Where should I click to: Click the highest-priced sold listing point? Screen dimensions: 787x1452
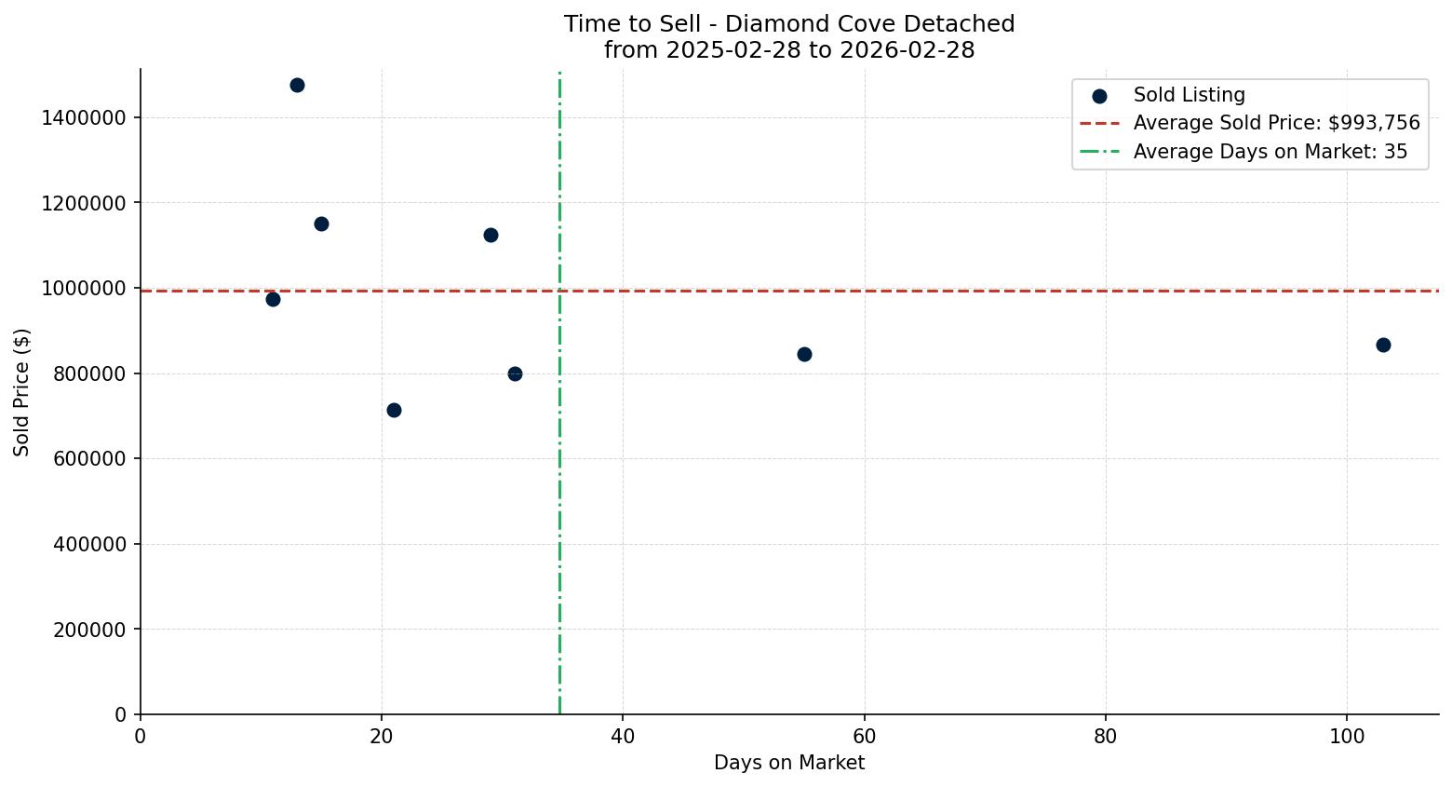tap(297, 86)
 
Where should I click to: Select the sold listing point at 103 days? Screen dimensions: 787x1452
tap(1383, 346)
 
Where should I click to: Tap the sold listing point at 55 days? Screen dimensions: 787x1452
tap(804, 354)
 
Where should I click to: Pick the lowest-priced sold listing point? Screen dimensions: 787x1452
tap(394, 410)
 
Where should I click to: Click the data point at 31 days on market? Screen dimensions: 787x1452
tap(515, 373)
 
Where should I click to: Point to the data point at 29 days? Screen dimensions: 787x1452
tap(491, 236)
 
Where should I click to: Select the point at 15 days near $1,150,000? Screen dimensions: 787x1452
tap(321, 224)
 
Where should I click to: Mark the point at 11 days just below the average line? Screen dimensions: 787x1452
tap(273, 299)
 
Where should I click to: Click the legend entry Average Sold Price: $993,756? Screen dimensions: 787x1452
tap(1276, 123)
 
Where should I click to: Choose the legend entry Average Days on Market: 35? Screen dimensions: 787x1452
tap(1270, 152)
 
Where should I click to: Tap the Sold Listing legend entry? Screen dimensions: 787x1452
tap(1189, 95)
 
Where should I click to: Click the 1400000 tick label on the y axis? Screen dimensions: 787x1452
tap(84, 118)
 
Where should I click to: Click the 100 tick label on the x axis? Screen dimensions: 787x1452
tap(1347, 737)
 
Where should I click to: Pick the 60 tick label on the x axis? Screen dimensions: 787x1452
tap(865, 737)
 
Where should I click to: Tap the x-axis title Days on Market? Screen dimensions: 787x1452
tap(789, 763)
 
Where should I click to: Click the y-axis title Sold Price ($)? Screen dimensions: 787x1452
tap(21, 392)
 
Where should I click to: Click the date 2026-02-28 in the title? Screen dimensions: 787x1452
tap(907, 50)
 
